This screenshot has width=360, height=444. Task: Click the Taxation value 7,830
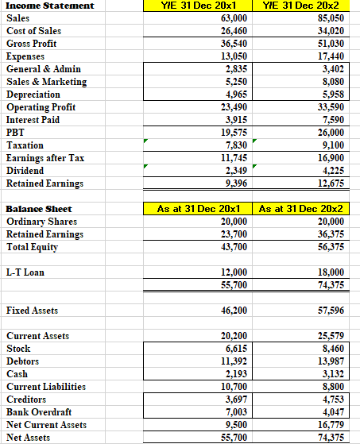(x=234, y=145)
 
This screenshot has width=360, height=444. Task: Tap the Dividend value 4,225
(x=332, y=169)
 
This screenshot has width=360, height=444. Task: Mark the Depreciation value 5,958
(x=332, y=93)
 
